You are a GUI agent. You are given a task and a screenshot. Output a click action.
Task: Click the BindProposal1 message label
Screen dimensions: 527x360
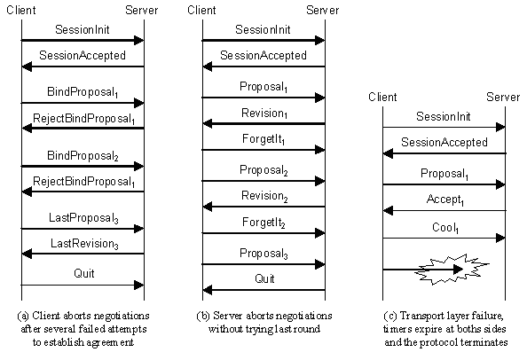(83, 92)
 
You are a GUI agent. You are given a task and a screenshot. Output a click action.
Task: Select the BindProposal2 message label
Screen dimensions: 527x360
(83, 156)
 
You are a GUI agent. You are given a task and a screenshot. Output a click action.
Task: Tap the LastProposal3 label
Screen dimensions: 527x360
(83, 218)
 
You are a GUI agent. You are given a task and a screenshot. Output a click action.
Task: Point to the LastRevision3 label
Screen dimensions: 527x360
(84, 244)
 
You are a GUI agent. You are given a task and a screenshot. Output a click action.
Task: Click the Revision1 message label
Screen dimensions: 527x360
(264, 113)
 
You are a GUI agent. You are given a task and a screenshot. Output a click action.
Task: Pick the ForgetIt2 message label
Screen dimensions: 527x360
(263, 223)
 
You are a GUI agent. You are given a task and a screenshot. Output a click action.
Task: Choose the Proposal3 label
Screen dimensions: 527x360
(263, 254)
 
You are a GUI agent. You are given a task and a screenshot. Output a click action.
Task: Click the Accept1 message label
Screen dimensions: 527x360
(445, 200)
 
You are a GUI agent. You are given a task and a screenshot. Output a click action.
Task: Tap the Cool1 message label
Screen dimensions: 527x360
(445, 228)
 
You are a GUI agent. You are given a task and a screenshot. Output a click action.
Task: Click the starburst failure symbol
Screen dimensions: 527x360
(452, 270)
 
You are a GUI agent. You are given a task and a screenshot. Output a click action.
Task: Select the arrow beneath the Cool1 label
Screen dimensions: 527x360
(444, 239)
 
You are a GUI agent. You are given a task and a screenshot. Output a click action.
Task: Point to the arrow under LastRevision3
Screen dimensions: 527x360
(83, 254)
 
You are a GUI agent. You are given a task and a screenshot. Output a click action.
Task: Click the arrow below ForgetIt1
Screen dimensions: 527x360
(263, 150)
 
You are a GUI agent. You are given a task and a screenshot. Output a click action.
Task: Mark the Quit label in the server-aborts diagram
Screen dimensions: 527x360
(264, 278)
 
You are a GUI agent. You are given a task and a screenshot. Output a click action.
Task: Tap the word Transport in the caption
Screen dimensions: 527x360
(417, 316)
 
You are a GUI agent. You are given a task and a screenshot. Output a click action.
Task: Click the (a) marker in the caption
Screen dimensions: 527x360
(23, 316)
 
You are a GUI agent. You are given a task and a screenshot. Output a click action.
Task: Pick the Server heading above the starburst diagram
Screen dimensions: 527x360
(503, 97)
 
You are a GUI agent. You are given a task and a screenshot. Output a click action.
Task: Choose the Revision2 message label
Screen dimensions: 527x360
(264, 196)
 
